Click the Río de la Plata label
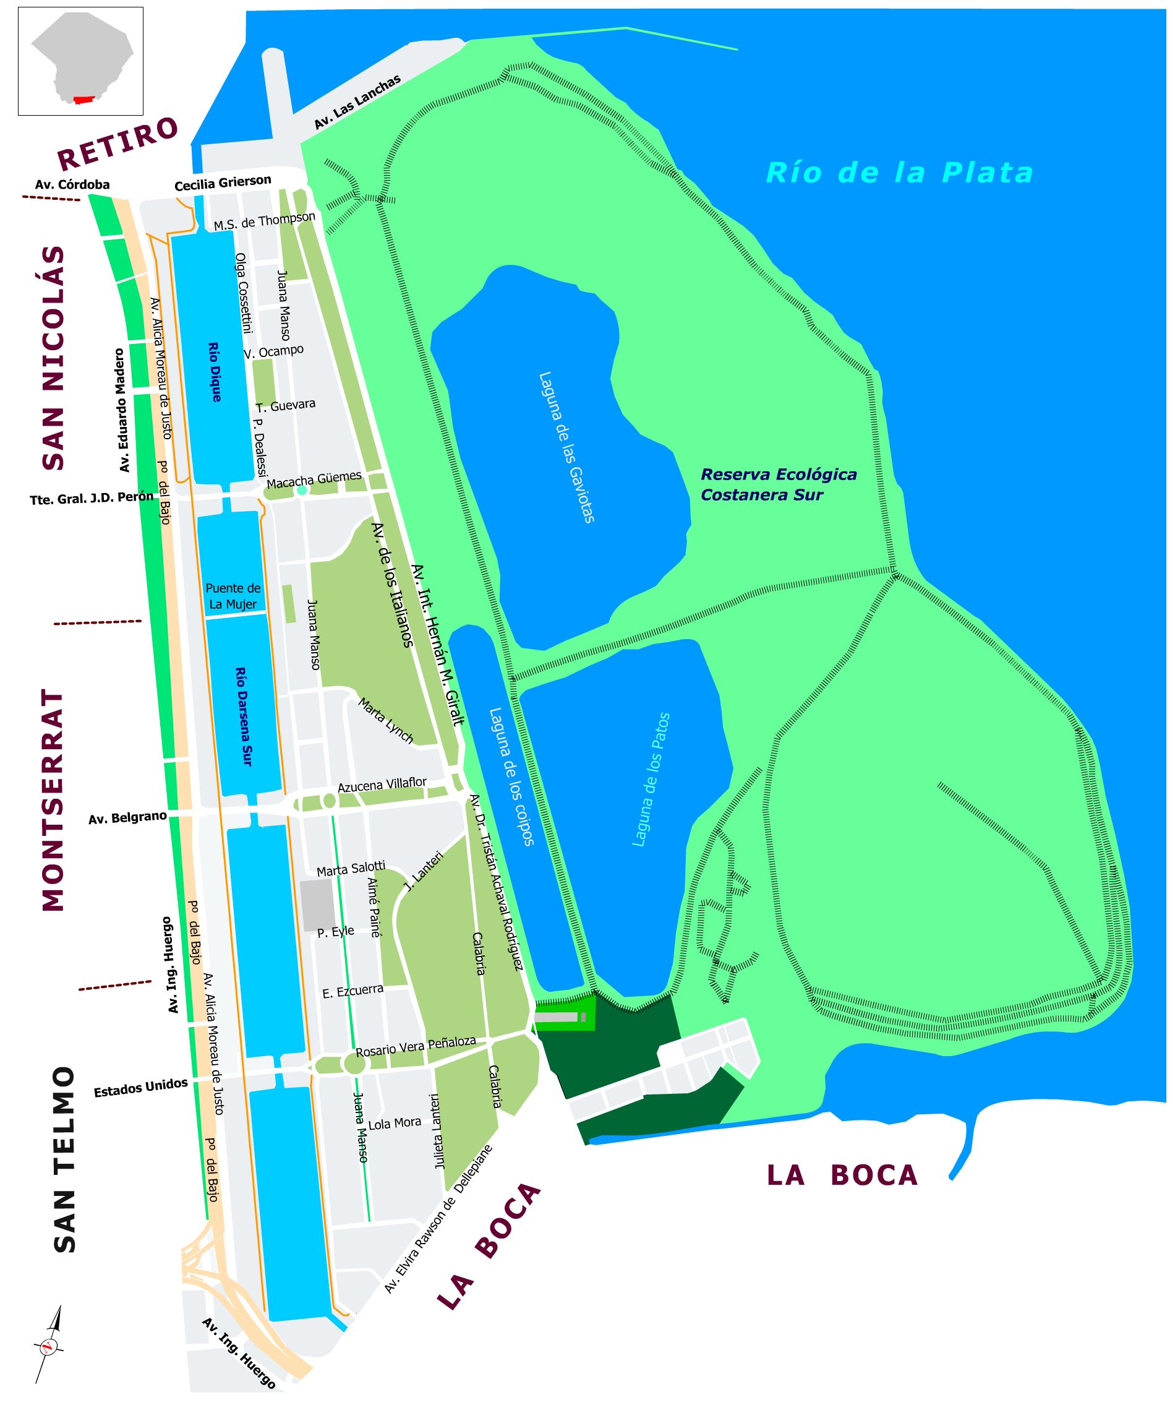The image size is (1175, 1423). [900, 173]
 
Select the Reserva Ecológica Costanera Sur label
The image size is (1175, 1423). [779, 484]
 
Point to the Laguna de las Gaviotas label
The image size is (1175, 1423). [566, 447]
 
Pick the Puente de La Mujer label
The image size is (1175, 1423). [233, 596]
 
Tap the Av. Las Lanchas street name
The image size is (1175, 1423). [357, 102]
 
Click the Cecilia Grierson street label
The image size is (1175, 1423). [223, 183]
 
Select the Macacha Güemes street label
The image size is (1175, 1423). [314, 480]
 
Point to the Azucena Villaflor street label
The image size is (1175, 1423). [382, 785]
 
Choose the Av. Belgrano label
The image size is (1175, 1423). [127, 818]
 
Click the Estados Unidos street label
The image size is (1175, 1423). [141, 1088]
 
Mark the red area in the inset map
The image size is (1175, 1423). [83, 100]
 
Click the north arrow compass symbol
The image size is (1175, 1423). [49, 1344]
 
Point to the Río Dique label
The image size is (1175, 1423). [214, 372]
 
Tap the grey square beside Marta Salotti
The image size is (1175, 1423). [317, 905]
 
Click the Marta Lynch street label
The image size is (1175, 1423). [385, 721]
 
